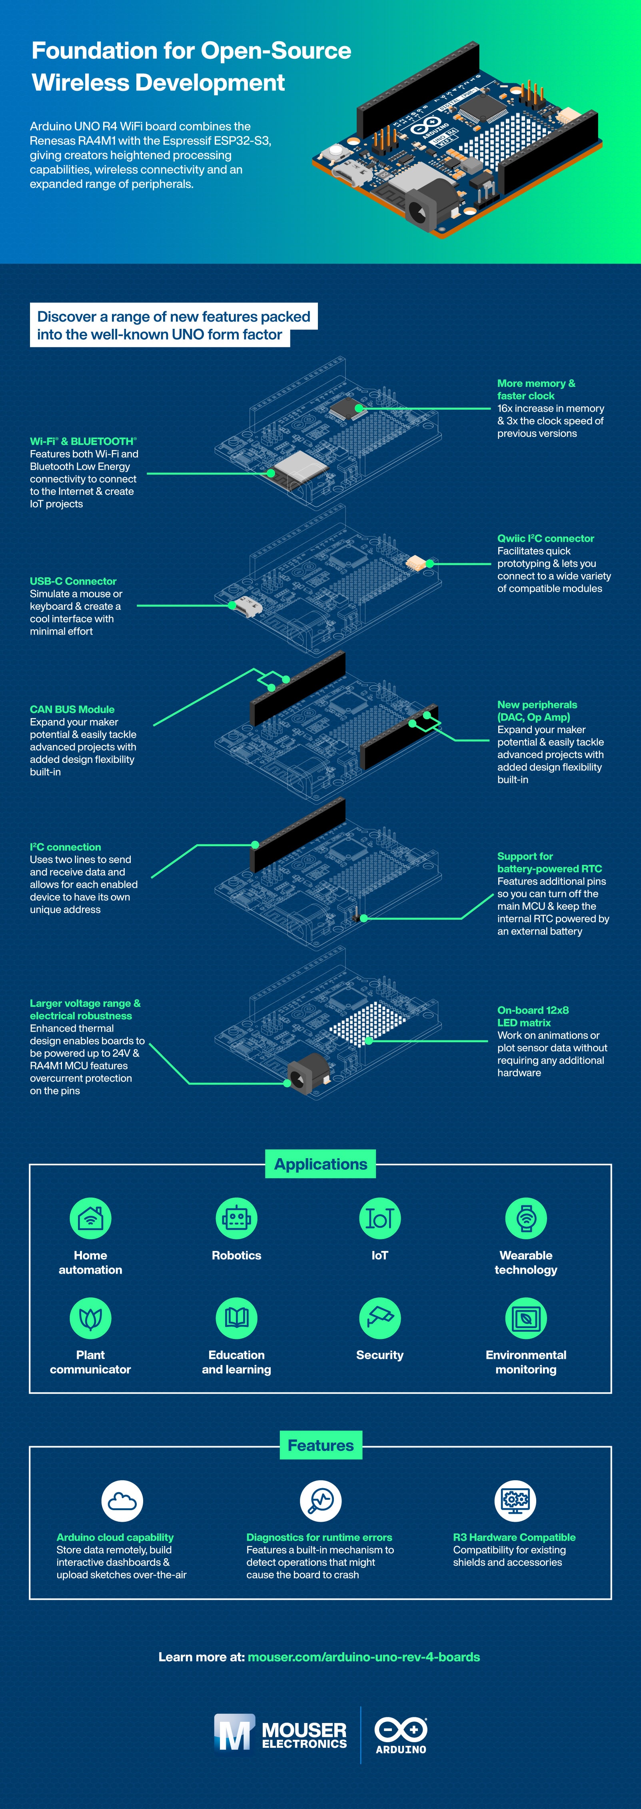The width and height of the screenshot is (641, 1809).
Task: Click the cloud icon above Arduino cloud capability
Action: (x=122, y=1501)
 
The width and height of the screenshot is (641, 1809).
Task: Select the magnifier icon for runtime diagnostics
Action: (x=321, y=1501)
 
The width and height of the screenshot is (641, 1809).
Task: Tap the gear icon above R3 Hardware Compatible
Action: (x=515, y=1501)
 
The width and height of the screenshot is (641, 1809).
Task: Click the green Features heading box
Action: (x=320, y=1445)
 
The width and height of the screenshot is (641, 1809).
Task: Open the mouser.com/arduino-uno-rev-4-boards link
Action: (x=363, y=1657)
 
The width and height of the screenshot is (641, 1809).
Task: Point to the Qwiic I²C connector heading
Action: (x=545, y=538)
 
